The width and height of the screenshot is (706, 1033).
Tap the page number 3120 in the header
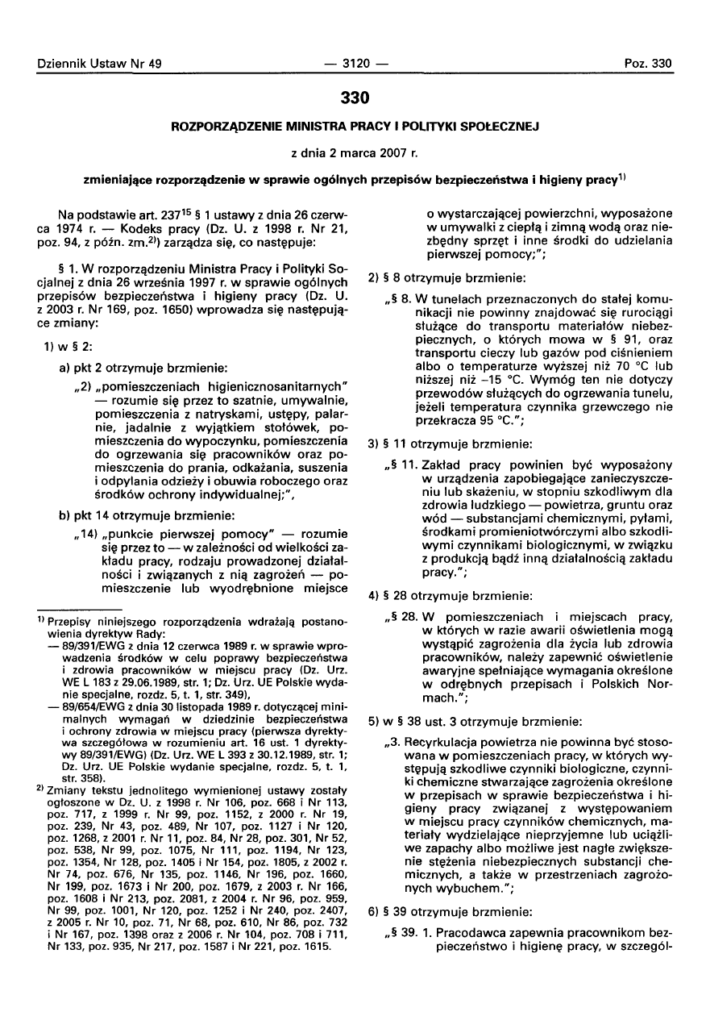353,63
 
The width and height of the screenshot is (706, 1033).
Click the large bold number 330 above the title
353,98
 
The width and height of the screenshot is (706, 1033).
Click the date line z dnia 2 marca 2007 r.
353,152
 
